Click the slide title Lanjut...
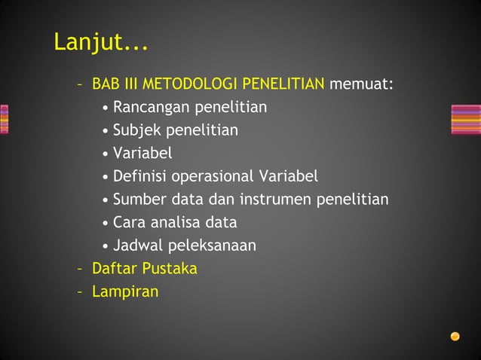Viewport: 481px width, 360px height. click(100, 43)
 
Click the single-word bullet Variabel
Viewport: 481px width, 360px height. click(142, 153)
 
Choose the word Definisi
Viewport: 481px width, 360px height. click(139, 176)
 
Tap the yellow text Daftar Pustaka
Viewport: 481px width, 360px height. click(144, 268)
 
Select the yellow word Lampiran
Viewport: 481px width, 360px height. click(125, 291)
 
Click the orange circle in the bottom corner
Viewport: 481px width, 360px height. click(455, 336)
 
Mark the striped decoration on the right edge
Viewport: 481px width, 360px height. click(465, 119)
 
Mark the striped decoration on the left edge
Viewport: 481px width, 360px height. click(5, 119)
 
